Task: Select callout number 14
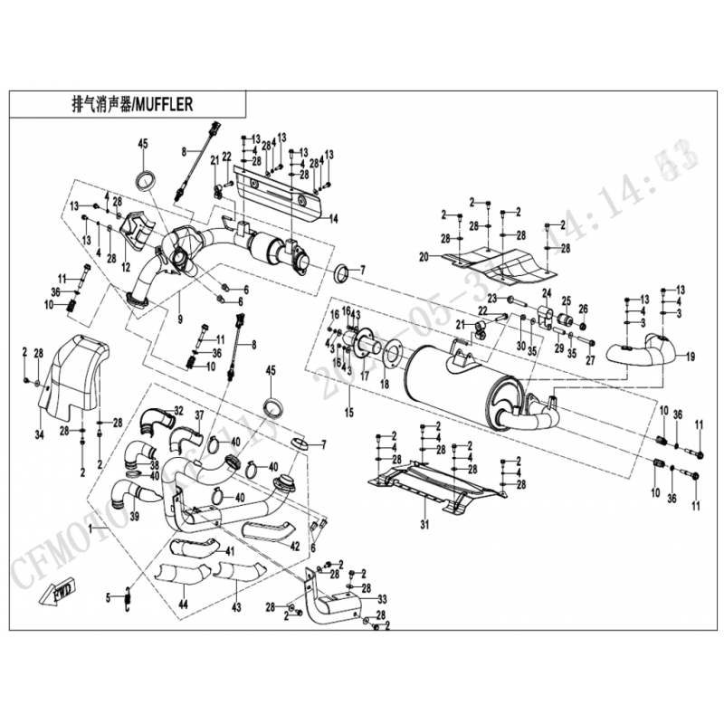click(x=334, y=218)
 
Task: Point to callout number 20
click(x=423, y=257)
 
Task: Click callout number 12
click(x=126, y=266)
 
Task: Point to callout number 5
click(x=108, y=596)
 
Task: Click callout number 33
click(x=382, y=599)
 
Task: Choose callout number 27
click(x=591, y=360)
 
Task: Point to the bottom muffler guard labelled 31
click(x=434, y=489)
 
